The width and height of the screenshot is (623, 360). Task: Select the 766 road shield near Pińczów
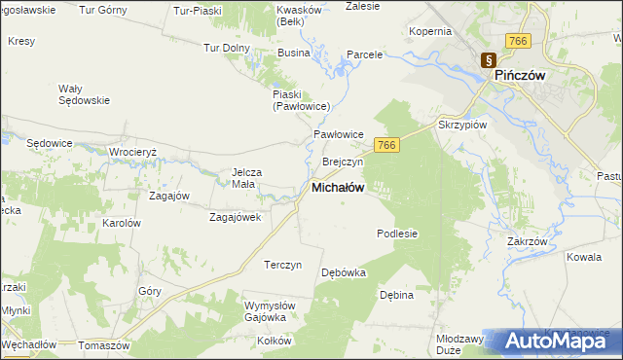pos(517,40)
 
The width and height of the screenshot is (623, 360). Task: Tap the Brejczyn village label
pos(342,162)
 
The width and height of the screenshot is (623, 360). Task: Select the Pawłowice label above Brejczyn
pos(338,134)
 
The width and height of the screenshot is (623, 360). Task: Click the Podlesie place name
pos(397,234)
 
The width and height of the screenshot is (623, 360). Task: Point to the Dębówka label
pos(344,272)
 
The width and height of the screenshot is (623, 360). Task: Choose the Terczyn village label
pos(283,265)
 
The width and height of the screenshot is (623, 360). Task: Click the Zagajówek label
pos(236,217)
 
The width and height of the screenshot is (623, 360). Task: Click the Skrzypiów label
pos(462,126)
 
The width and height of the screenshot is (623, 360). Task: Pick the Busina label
pos(293,54)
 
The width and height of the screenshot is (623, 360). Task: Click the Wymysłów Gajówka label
pos(264,311)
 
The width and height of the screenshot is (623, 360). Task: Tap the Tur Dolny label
pos(227,46)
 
